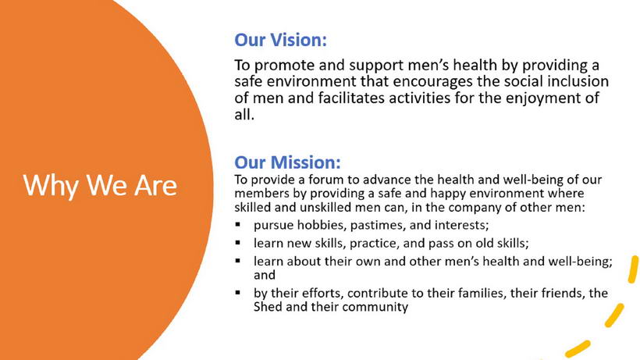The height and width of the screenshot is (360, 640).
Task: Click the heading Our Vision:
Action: tap(280, 40)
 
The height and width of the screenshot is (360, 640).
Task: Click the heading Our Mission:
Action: tap(287, 162)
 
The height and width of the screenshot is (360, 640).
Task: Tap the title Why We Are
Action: tap(100, 186)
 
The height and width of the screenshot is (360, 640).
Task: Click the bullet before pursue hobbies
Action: tap(238, 224)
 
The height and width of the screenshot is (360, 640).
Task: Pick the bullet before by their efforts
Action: tap(238, 292)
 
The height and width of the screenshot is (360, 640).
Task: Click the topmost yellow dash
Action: tap(633, 269)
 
